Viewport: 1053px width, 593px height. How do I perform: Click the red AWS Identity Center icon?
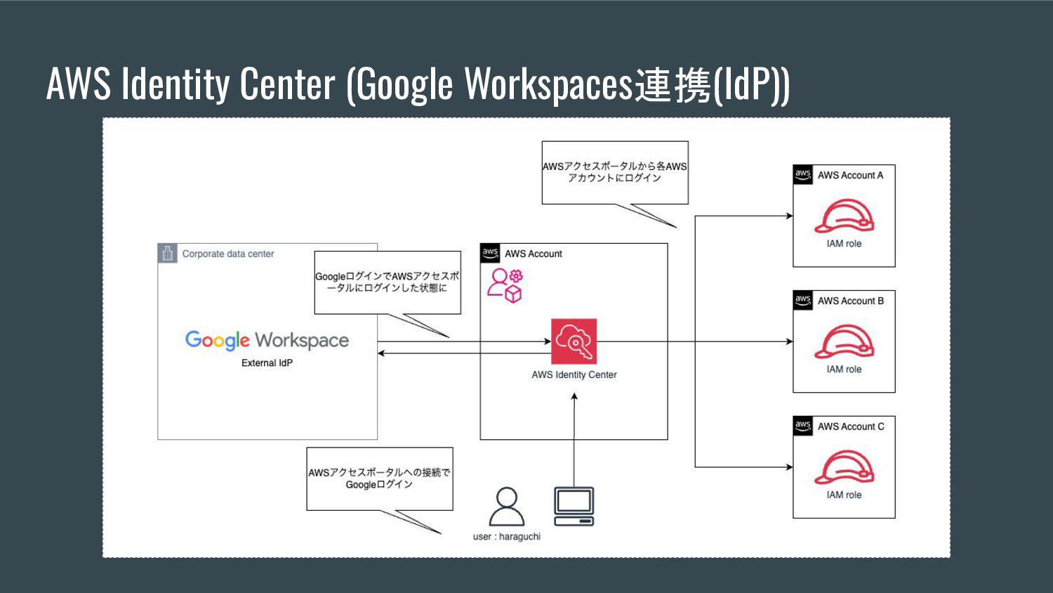pos(574,341)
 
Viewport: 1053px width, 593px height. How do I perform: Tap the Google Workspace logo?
pos(267,341)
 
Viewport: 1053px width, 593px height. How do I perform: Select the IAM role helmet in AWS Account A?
pos(844,216)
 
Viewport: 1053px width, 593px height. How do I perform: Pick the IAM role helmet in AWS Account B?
pos(844,342)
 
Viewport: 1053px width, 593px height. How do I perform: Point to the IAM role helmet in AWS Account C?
pos(844,468)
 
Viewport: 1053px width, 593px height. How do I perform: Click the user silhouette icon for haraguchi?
pos(506,507)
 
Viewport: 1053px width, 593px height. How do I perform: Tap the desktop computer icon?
pos(574,506)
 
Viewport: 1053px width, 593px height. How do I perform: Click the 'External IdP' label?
pos(267,363)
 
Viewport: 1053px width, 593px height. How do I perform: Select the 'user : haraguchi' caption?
pos(506,537)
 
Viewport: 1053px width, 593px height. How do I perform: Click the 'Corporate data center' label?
pos(228,254)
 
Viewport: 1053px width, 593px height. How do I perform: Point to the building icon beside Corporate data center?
pos(167,254)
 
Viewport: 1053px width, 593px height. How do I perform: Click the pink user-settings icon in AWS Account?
pos(505,285)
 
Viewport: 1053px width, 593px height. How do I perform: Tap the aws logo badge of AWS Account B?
pos(802,300)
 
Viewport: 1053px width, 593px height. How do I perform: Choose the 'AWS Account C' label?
pos(851,426)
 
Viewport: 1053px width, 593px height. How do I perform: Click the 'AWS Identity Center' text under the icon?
pos(574,375)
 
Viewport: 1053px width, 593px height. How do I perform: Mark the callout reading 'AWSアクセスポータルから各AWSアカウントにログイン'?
pos(614,172)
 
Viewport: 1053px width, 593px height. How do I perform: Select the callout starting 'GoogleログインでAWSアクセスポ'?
pos(387,282)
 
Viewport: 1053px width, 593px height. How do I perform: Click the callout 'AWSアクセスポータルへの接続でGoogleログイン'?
pos(379,478)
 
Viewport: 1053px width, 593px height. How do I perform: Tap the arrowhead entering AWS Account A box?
pos(789,216)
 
